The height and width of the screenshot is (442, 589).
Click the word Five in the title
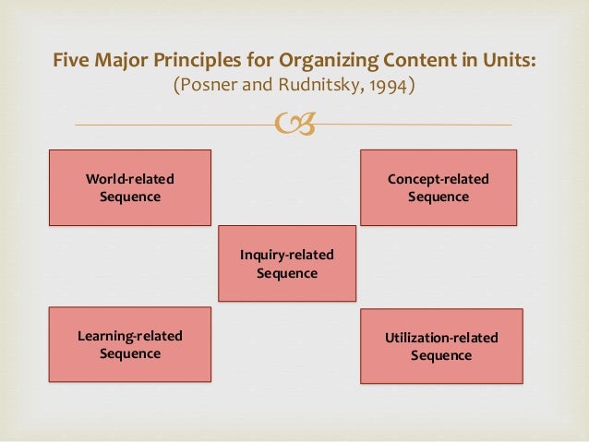[69, 61]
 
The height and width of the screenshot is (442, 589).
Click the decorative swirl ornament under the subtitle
[294, 123]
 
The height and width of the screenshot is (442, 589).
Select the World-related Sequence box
[129, 187]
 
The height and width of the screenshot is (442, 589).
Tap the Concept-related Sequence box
[438, 187]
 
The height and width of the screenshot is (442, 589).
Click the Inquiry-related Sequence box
[286, 263]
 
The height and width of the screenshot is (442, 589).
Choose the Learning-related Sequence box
[129, 344]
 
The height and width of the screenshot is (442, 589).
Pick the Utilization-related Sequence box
[440, 346]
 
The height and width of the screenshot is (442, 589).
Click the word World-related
[129, 179]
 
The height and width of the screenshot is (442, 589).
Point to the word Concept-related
[438, 179]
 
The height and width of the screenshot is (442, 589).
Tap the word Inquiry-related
[286, 255]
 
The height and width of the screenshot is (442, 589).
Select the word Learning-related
[129, 336]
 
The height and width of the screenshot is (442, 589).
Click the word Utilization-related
[440, 338]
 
